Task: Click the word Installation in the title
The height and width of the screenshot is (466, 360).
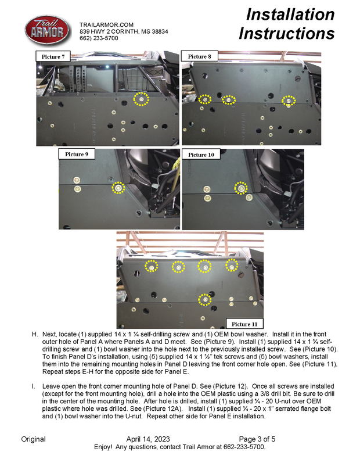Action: [x=290, y=14]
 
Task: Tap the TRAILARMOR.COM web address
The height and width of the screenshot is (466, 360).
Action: [x=106, y=24]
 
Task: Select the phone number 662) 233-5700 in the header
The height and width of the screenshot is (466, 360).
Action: [x=99, y=38]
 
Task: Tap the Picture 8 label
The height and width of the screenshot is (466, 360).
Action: [x=200, y=56]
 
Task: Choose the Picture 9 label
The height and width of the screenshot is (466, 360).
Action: [x=77, y=154]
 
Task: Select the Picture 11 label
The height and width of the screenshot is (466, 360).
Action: [x=244, y=323]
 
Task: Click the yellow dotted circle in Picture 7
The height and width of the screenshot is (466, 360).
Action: [x=141, y=99]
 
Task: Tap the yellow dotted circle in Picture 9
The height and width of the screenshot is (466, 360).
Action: [x=118, y=188]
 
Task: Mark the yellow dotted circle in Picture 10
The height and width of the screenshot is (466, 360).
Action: [x=240, y=188]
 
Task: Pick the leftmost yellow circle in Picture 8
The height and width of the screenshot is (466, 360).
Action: [x=204, y=99]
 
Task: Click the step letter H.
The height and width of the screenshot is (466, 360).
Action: [x=35, y=335]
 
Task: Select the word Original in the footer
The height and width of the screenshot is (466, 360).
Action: [x=33, y=439]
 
